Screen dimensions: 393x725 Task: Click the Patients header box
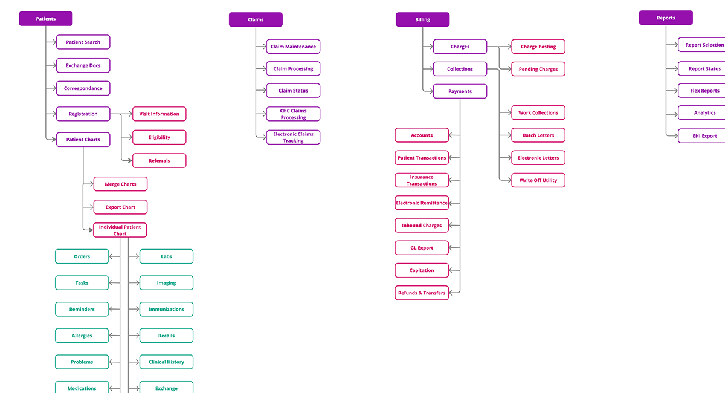(x=45, y=19)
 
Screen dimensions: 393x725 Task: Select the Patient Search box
(x=83, y=42)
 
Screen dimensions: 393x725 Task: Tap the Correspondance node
(x=83, y=88)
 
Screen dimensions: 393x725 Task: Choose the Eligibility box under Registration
(x=159, y=137)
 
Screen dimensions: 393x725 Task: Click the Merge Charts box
(x=120, y=184)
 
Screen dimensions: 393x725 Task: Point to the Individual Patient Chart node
(x=120, y=230)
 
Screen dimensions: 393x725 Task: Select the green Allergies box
(x=82, y=336)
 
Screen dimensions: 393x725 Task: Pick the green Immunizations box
(x=166, y=309)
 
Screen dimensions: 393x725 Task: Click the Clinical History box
(x=166, y=362)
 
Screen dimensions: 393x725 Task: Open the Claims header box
(x=256, y=20)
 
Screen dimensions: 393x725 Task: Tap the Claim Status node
(x=293, y=91)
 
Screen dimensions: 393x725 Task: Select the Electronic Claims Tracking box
(x=293, y=137)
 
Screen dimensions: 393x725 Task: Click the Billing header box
(x=422, y=20)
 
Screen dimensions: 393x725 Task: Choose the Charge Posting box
(x=538, y=47)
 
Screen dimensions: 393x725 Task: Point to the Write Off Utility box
(x=538, y=180)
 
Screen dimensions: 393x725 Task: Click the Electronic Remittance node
(x=422, y=203)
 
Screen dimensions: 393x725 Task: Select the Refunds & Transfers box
(x=422, y=293)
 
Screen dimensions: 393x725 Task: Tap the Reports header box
(x=666, y=18)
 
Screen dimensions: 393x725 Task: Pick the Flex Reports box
(x=704, y=91)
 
